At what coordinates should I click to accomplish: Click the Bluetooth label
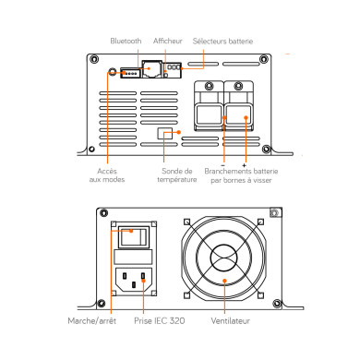tap(126, 41)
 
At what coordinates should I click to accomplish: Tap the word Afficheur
tap(168, 41)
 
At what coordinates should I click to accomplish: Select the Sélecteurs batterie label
tap(222, 42)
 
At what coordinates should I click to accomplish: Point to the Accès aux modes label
tap(107, 175)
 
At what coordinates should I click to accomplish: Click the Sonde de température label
tap(177, 175)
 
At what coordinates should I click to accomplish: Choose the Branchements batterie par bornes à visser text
tap(241, 175)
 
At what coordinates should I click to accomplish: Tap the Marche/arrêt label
tap(92, 321)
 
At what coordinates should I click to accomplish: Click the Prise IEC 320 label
tap(160, 321)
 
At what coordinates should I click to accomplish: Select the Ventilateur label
tap(231, 321)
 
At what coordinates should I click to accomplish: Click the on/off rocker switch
tap(134, 237)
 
